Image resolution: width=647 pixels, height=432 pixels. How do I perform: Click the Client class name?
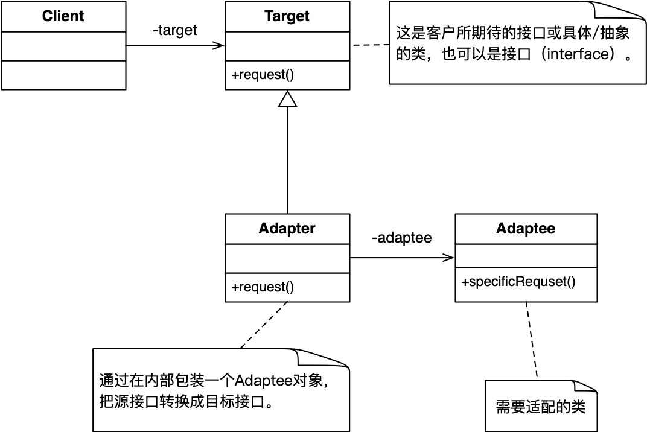(x=63, y=16)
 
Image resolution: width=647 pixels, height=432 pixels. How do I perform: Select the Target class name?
(x=287, y=16)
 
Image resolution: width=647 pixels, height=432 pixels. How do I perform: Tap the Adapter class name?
(x=287, y=229)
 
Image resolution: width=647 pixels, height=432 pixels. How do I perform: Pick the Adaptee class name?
(x=526, y=229)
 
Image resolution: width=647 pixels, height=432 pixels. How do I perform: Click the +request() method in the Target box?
(x=263, y=75)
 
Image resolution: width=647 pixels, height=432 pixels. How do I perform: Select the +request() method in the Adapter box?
(x=263, y=287)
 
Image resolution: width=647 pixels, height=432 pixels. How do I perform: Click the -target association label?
(x=175, y=30)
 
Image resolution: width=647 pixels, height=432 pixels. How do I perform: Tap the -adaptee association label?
(x=402, y=238)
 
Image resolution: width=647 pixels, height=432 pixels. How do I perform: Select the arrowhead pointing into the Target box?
(x=220, y=45)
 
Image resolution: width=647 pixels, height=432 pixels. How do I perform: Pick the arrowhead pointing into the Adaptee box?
(x=449, y=258)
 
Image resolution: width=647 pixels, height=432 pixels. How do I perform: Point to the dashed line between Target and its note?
(x=369, y=45)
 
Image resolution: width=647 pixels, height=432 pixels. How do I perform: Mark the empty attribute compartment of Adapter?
(x=287, y=258)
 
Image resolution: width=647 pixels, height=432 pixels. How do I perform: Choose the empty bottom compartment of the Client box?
(x=63, y=75)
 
